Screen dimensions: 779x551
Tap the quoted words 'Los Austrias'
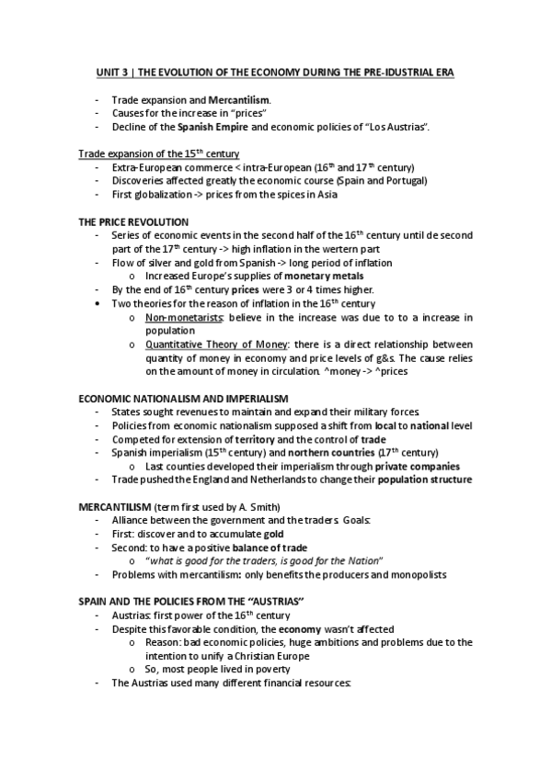[x=396, y=125]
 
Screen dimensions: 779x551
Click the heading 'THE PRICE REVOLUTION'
[x=133, y=221]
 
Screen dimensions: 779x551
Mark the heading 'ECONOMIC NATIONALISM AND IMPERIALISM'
[x=183, y=398]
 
